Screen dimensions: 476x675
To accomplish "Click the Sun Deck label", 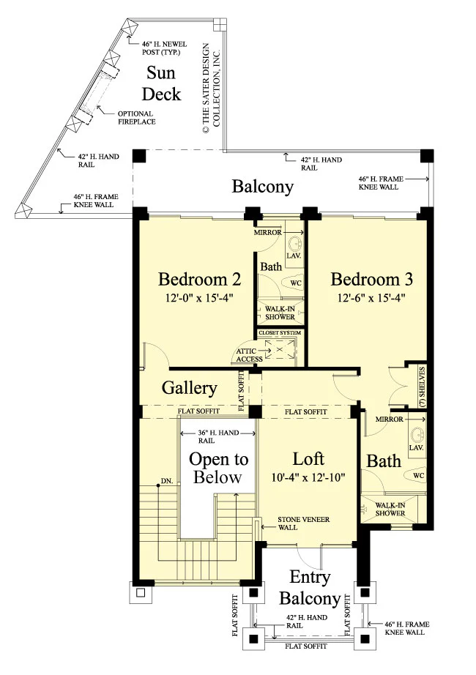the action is pos(161,83).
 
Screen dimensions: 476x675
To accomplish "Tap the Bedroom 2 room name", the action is pos(199,280).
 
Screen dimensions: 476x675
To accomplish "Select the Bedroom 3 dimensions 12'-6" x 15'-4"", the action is pos(371,298).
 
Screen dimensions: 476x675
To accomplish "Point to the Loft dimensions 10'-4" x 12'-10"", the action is pos(308,477).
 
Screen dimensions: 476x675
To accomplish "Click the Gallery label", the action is pos(189,388).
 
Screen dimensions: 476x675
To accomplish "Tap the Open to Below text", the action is pos(218,469).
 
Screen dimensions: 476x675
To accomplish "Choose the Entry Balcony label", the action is pos(310,588).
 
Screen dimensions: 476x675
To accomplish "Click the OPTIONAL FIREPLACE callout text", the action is pos(136,118).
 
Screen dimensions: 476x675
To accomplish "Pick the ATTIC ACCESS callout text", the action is pos(249,355).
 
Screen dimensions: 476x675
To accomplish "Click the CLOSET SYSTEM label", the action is pos(280,333).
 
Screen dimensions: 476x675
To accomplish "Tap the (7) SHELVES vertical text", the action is pos(422,387).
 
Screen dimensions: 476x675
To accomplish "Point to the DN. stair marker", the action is pos(167,481).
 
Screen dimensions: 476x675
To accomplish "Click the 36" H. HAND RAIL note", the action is pos(218,436).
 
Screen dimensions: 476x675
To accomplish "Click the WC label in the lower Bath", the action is pos(418,475).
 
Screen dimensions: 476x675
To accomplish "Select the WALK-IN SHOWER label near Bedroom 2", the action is pos(280,313).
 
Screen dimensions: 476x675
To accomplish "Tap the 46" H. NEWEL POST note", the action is pos(164,48).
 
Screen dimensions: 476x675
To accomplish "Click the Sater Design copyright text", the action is pos(211,89).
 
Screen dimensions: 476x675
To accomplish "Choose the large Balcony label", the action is pos(263,187).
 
